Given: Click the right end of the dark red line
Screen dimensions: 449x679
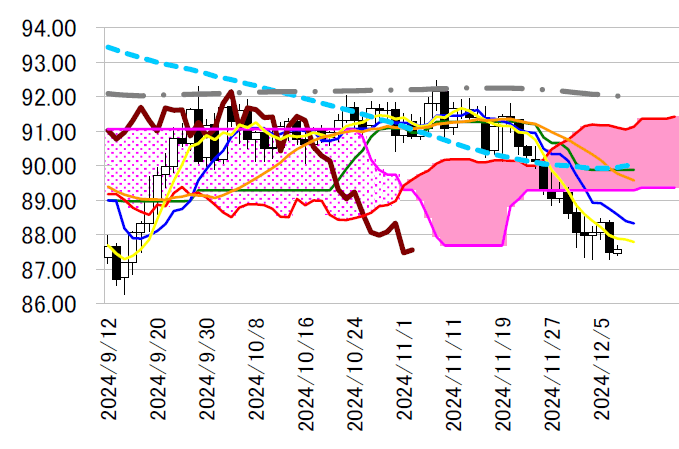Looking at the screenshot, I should (x=412, y=250).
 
